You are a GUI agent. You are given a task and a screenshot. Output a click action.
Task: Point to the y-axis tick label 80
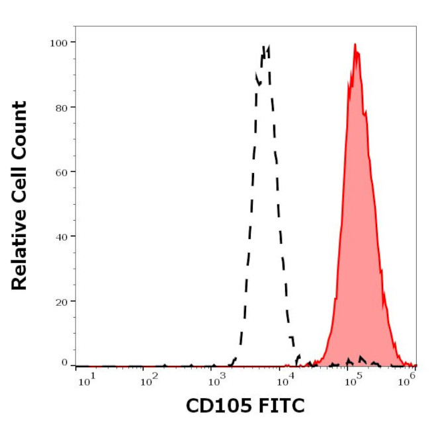click(x=61, y=107)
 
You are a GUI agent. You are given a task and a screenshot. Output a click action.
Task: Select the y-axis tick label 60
click(x=61, y=172)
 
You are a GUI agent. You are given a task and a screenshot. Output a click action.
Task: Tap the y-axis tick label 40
click(x=61, y=236)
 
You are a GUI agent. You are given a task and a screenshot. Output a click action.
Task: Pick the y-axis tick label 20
click(x=61, y=301)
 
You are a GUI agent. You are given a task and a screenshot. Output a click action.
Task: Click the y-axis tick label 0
click(x=64, y=363)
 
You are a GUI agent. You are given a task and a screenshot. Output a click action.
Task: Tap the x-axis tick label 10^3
click(x=217, y=380)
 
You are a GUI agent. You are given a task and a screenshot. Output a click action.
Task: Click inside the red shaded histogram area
click(x=357, y=231)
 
